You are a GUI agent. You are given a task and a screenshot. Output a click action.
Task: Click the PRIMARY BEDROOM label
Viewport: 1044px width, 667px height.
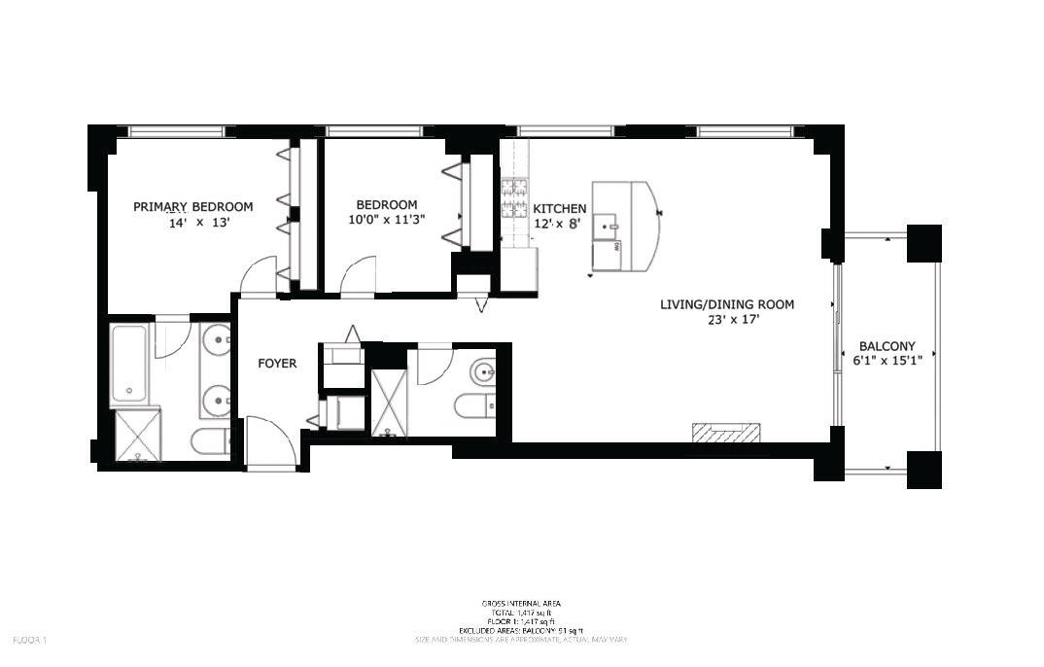click(192, 206)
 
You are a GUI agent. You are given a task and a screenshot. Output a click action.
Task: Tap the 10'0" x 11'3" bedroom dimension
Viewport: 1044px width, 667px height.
click(387, 221)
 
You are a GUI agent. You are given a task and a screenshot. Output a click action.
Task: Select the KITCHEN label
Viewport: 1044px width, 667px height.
click(560, 208)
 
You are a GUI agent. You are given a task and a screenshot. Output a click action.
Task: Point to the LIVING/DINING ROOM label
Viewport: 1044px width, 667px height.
click(727, 304)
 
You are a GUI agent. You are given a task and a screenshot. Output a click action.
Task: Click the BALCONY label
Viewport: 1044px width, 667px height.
click(887, 346)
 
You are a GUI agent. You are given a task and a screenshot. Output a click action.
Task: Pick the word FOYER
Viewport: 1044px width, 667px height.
click(277, 364)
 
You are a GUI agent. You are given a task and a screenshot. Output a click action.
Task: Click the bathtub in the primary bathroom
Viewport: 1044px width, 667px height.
click(129, 364)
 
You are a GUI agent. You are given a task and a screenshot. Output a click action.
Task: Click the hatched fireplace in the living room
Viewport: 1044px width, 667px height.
click(725, 434)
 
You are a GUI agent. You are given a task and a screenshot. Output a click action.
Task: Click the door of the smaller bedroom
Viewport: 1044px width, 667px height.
click(358, 274)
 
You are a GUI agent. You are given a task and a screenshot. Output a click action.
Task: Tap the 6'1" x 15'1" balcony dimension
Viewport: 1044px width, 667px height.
click(887, 361)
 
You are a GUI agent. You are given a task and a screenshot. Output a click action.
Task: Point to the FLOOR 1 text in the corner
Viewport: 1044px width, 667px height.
click(30, 640)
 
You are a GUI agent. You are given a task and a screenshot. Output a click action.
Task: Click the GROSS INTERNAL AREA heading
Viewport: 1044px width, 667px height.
click(521, 604)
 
